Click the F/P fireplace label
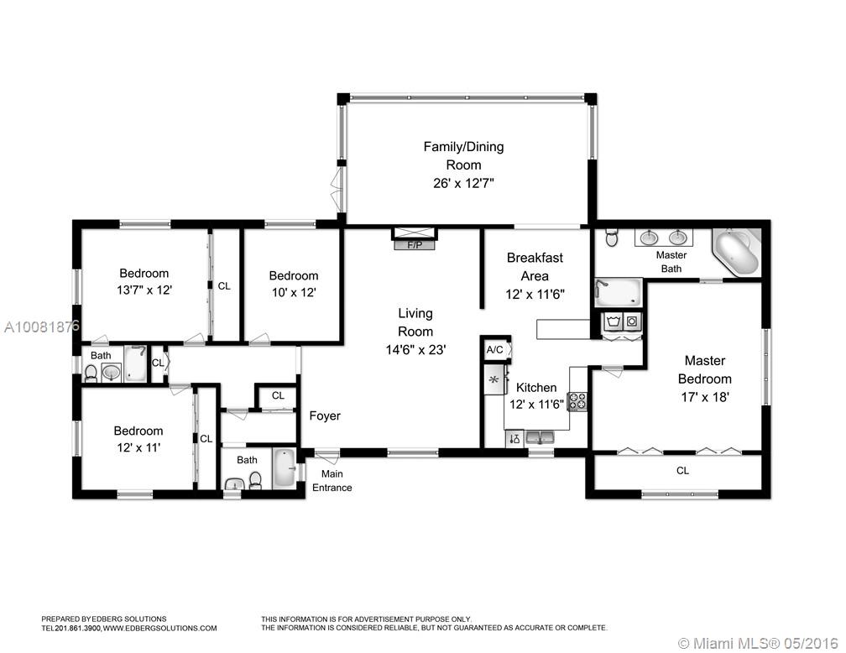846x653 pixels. pyautogui.click(x=415, y=246)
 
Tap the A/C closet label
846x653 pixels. pyautogui.click(x=495, y=350)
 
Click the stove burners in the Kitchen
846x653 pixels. pyautogui.click(x=578, y=401)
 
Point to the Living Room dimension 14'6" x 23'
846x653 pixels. pyautogui.click(x=415, y=350)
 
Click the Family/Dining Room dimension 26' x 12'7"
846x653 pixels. pyautogui.click(x=463, y=184)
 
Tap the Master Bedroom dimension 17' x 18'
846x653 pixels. pyautogui.click(x=705, y=397)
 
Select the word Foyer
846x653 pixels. pyautogui.click(x=325, y=415)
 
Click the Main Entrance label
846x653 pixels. pyautogui.click(x=332, y=480)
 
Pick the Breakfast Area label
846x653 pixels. pyautogui.click(x=535, y=267)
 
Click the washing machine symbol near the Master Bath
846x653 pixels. pyautogui.click(x=613, y=322)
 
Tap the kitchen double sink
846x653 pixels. pyautogui.click(x=540, y=436)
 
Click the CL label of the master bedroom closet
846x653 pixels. pyautogui.click(x=682, y=471)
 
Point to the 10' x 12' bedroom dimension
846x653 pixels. pyautogui.click(x=294, y=292)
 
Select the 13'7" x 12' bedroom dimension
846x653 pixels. pyautogui.click(x=144, y=290)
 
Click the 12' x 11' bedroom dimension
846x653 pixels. pyautogui.click(x=138, y=447)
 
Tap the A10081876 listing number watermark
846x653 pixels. pyautogui.click(x=42, y=326)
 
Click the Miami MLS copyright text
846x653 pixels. pyautogui.click(x=758, y=643)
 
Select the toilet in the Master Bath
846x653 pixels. pyautogui.click(x=611, y=237)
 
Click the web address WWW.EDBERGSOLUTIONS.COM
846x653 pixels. pyautogui.click(x=159, y=628)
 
